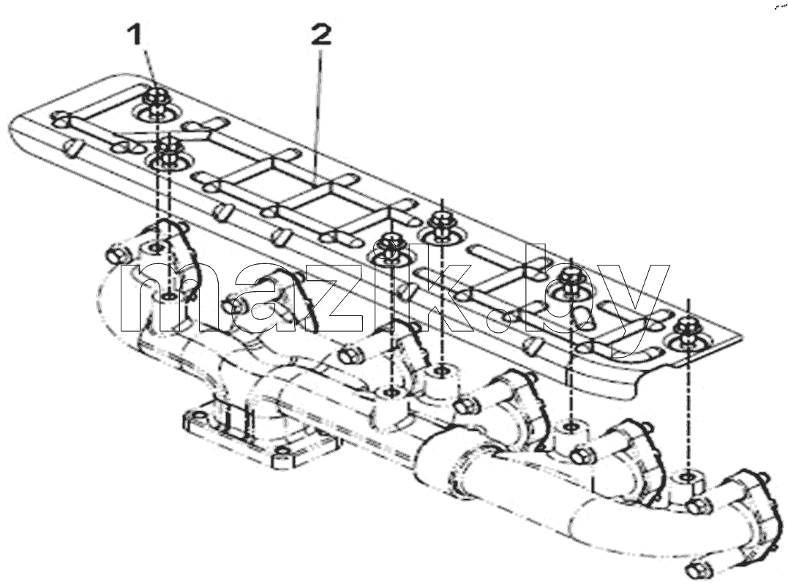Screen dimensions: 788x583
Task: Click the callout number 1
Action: [135, 36]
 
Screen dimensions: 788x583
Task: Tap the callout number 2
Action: [321, 36]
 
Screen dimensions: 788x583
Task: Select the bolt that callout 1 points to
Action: [156, 96]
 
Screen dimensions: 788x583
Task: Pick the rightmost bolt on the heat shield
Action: [688, 328]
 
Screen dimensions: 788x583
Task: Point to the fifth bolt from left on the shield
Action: [571, 277]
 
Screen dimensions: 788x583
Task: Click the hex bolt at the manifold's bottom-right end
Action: [699, 569]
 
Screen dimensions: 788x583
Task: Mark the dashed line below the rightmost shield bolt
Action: [688, 407]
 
